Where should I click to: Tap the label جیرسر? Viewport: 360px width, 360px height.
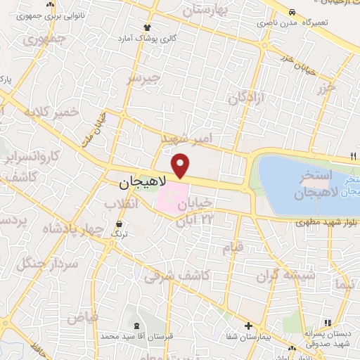143,79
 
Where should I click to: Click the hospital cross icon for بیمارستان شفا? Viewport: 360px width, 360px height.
248,326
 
